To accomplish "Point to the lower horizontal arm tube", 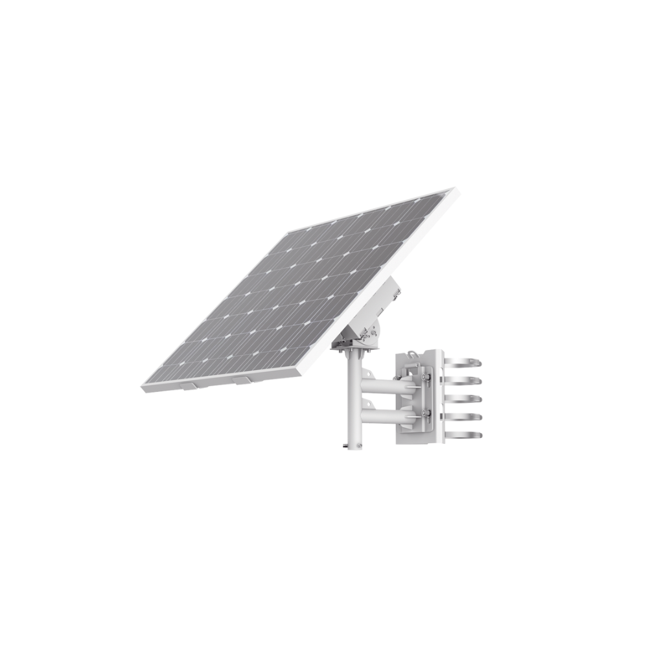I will click(x=382, y=415).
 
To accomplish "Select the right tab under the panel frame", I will click(x=243, y=380).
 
